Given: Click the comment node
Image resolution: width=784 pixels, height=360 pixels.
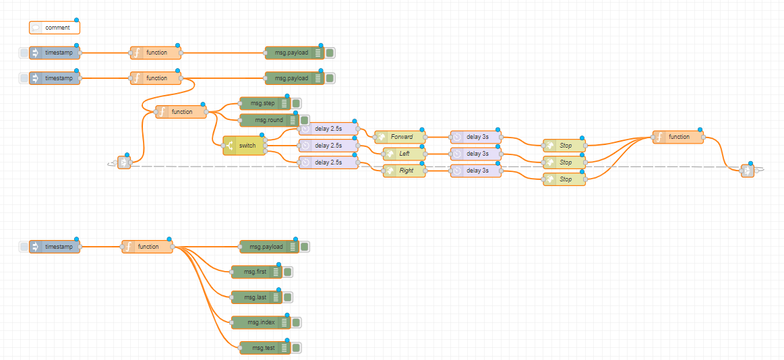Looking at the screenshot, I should click(x=55, y=28).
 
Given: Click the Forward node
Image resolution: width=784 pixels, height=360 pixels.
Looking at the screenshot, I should click(x=400, y=137).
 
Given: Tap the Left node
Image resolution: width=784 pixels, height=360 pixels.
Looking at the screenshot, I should click(x=404, y=154).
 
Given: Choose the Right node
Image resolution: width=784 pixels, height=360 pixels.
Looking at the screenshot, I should click(x=404, y=171).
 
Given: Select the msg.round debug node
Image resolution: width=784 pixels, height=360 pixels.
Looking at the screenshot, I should click(x=264, y=120).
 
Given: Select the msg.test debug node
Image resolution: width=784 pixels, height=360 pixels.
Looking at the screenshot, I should click(x=260, y=348).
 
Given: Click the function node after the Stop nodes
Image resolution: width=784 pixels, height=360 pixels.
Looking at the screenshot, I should click(x=677, y=137).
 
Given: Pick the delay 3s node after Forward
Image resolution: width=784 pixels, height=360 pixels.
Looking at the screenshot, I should click(x=476, y=137).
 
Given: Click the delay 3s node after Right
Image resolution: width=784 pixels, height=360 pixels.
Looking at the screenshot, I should click(x=476, y=171).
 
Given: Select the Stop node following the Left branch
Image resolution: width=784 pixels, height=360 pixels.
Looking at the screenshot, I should click(x=564, y=162).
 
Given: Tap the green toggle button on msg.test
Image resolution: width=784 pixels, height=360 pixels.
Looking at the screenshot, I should click(x=296, y=348).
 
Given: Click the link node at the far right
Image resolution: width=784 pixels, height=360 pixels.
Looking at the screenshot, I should click(x=747, y=171).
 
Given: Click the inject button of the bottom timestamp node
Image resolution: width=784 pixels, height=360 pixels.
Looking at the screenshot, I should click(x=24, y=247).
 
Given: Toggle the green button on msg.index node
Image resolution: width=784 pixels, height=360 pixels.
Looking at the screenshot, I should click(x=296, y=322).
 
